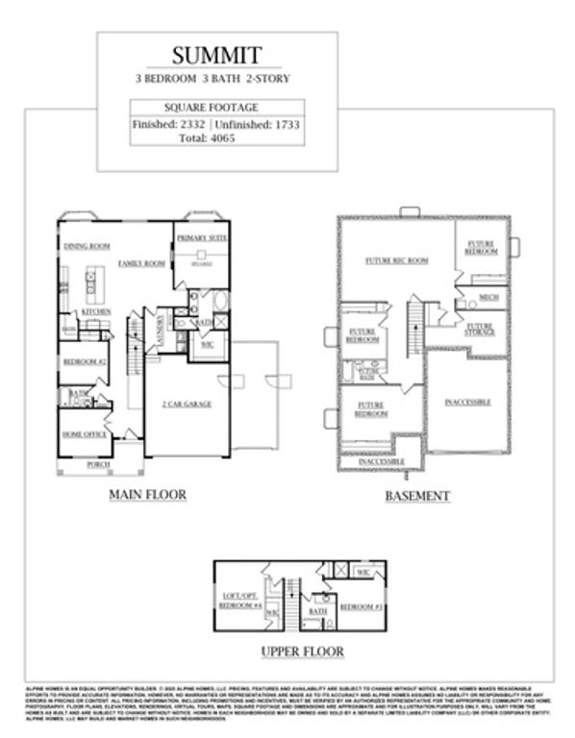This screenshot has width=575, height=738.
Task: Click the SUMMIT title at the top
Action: click(216, 55)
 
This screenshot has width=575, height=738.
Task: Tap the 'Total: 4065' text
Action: click(216, 137)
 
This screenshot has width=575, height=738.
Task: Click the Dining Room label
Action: click(87, 247)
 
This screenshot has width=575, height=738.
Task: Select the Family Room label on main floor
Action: click(142, 262)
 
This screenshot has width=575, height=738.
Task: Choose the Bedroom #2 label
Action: click(84, 362)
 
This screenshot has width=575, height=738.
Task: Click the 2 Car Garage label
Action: click(186, 404)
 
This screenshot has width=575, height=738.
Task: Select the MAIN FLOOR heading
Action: click(147, 495)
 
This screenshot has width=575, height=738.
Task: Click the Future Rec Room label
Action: click(389, 260)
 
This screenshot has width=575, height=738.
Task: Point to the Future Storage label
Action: click(480, 329)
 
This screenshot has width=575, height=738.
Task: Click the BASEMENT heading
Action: click(417, 496)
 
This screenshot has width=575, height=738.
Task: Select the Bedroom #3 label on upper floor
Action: click(362, 607)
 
